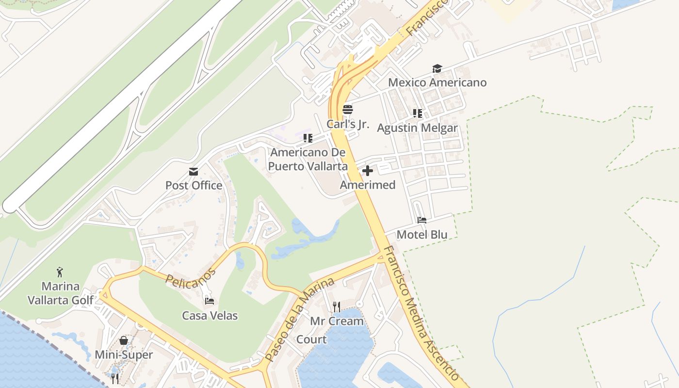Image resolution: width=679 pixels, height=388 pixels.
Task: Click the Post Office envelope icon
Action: point(194,171)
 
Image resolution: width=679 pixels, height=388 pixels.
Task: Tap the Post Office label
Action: point(194,185)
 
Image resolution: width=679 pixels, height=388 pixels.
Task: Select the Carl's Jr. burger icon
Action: point(348,110)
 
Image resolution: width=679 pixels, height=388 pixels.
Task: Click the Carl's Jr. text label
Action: point(348,124)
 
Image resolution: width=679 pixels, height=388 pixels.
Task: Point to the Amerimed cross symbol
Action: point(368,171)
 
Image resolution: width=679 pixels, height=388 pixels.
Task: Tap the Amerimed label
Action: point(368,185)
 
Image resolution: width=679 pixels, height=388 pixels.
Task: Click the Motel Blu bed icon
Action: point(422,220)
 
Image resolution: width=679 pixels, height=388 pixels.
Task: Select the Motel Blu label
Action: point(422,235)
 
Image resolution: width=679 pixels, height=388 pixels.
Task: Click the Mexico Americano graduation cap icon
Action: point(437,68)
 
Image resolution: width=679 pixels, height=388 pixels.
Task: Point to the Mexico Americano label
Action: point(437,82)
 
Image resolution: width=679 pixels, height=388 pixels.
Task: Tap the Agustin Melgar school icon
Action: point(417,113)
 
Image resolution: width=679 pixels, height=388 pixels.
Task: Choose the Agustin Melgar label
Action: point(417,128)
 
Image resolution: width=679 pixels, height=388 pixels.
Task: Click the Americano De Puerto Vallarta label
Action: point(308,159)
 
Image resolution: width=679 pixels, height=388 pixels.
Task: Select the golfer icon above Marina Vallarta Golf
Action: point(60,272)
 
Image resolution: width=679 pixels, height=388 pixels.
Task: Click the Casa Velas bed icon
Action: point(210,301)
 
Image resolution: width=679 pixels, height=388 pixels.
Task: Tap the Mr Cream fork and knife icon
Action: point(337,307)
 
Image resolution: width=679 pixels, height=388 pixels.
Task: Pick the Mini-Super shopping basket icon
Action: point(124,340)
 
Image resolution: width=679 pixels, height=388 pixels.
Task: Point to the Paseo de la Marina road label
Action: point(300,320)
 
